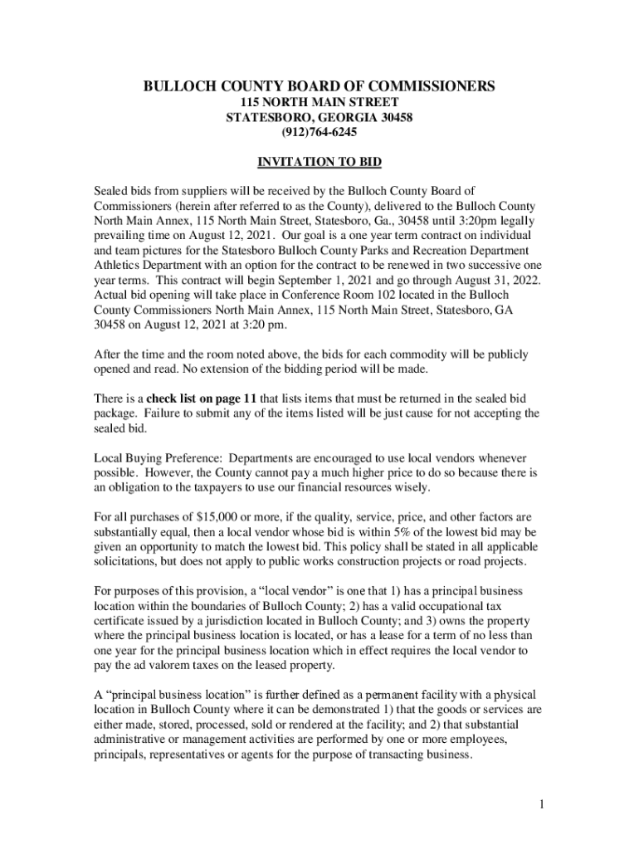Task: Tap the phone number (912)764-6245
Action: click(x=319, y=131)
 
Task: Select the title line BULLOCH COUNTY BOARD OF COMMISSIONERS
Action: click(x=319, y=86)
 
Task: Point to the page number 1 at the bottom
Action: click(x=539, y=804)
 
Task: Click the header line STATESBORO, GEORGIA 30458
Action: click(x=319, y=116)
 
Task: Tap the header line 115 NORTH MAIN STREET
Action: click(x=319, y=101)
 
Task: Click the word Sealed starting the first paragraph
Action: click(x=111, y=191)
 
